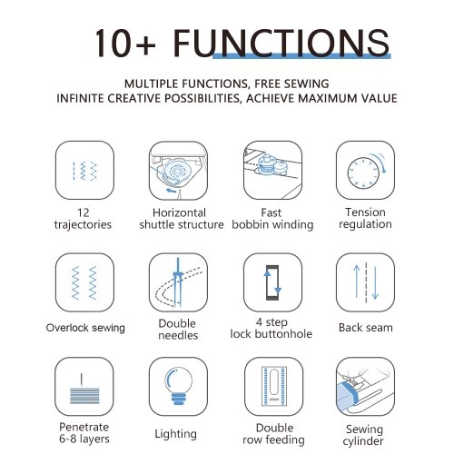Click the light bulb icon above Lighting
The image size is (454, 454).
[x=178, y=386]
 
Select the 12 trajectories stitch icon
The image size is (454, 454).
[x=84, y=170]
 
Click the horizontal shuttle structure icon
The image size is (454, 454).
[x=178, y=170]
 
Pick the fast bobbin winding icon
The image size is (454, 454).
[x=272, y=170]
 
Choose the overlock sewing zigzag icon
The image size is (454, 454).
[x=84, y=282]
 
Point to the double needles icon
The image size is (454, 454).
[x=178, y=282]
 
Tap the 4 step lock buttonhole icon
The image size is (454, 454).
[x=272, y=282]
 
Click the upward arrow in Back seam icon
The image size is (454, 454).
[x=357, y=281]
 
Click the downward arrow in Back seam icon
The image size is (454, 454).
[x=375, y=282]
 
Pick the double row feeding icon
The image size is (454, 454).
[x=274, y=386]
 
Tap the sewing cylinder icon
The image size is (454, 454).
[x=365, y=386]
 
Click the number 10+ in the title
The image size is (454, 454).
[x=125, y=43]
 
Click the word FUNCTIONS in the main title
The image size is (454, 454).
[x=281, y=43]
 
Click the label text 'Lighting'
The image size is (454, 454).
[x=176, y=434]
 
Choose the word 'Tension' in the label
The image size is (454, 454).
[x=365, y=212]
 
